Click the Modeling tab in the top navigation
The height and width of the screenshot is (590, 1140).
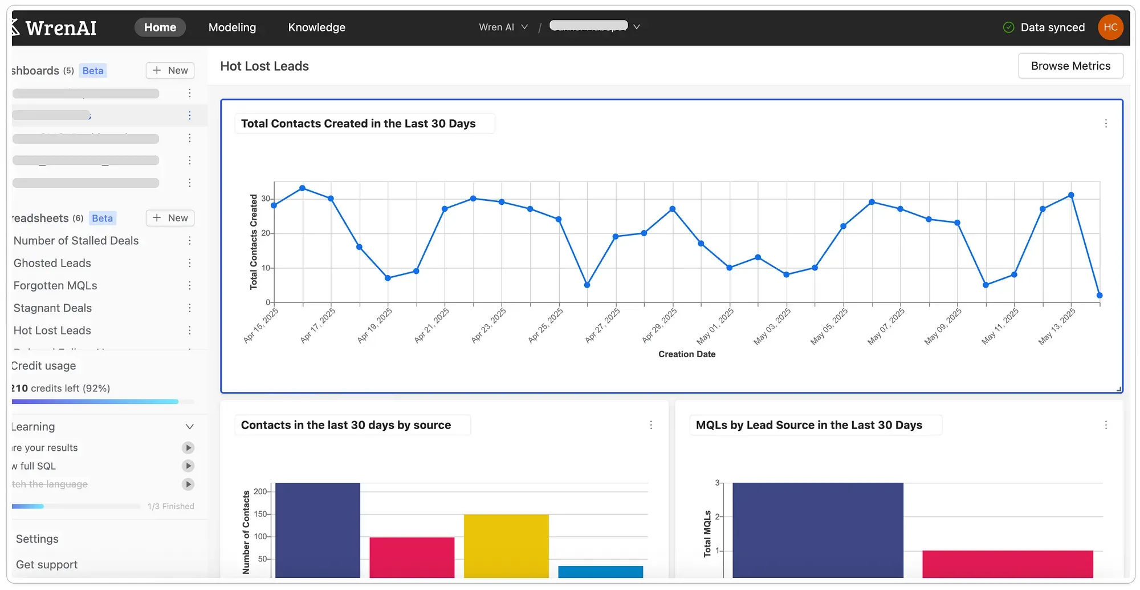[x=232, y=27]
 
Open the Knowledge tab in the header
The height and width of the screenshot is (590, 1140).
[x=316, y=27]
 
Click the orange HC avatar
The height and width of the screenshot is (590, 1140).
[x=1110, y=27]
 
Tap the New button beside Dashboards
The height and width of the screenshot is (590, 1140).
[x=170, y=70]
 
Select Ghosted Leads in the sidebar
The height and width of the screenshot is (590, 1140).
[x=52, y=263]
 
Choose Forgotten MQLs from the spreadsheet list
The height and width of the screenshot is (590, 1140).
[x=55, y=285]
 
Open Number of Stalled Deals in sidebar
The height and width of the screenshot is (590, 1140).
[x=76, y=241]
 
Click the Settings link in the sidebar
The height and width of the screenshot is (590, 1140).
[x=37, y=539]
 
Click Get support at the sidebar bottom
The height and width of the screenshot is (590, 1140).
[x=47, y=564]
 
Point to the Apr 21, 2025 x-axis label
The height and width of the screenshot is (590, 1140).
[x=432, y=325]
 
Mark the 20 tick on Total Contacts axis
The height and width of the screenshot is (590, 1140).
[x=266, y=233]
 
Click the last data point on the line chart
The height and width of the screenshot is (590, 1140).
[x=1100, y=295]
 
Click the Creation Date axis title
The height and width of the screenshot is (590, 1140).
[x=686, y=354]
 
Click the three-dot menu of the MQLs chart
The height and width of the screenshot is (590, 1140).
[x=1106, y=425]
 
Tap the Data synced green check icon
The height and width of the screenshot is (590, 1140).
[x=1008, y=27]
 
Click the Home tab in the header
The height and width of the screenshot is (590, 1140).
[x=160, y=27]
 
